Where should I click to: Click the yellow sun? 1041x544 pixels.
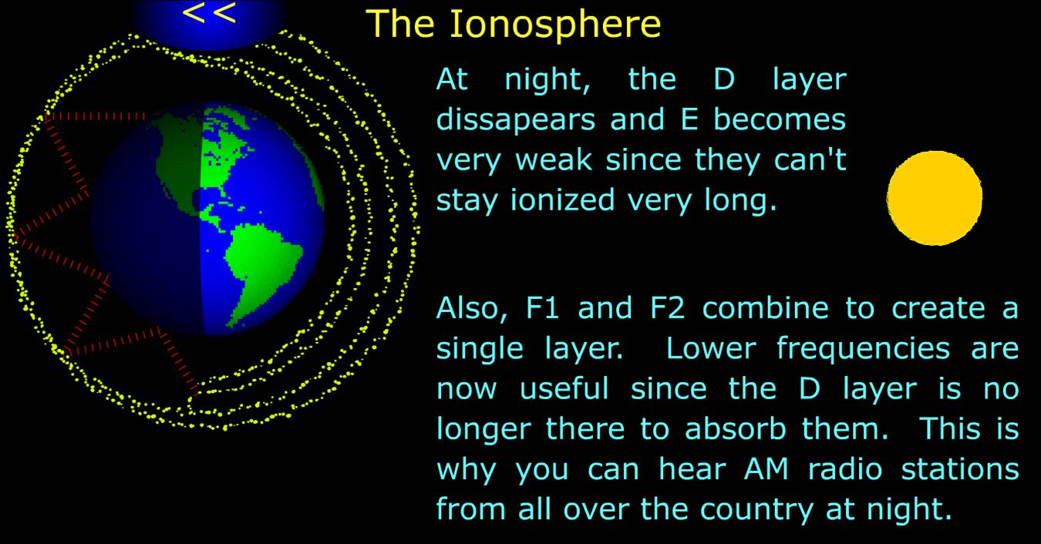(935, 198)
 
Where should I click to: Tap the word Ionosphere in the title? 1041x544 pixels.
(555, 24)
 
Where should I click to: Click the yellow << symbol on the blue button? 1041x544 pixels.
(209, 13)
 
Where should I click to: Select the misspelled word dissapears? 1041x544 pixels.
(516, 120)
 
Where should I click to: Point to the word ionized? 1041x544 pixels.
(563, 200)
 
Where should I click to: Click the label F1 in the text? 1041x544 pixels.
(542, 308)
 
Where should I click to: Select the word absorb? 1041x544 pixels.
(735, 428)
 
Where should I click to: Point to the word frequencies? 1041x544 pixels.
(863, 349)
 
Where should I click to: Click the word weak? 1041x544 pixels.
(554, 160)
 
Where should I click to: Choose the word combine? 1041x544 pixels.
(766, 307)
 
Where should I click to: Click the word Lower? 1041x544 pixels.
(711, 348)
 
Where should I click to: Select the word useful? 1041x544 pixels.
(564, 388)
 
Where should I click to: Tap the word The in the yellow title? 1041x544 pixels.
(400, 24)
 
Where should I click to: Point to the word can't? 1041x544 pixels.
(810, 160)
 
